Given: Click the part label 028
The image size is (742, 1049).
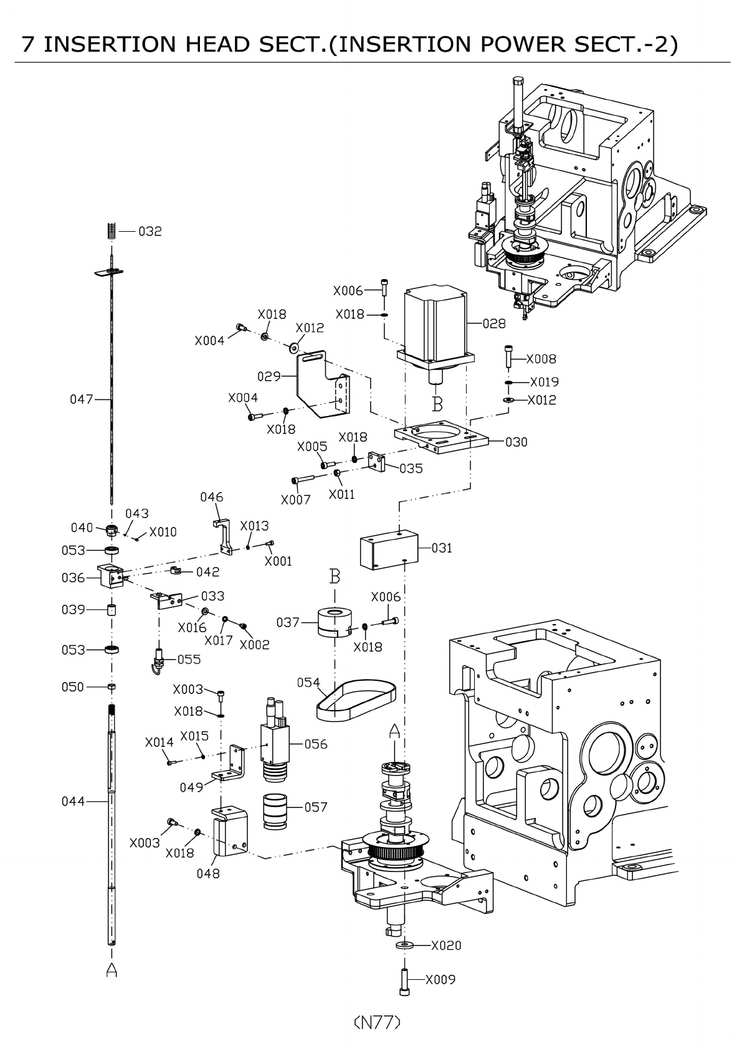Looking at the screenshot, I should tap(494, 323).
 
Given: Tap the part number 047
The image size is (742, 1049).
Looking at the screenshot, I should tap(81, 399).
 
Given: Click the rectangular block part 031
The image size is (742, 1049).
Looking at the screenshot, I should tap(387, 549).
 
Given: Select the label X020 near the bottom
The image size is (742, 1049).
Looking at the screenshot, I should tap(446, 946).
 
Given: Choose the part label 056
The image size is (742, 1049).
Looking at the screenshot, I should tap(315, 744).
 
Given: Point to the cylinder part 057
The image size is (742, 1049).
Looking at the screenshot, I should tap(275, 810).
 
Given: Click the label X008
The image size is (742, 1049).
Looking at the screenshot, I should tap(541, 359).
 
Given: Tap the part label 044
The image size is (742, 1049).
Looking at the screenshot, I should tap(73, 801).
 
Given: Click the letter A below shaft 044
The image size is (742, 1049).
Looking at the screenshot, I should tap(112, 970).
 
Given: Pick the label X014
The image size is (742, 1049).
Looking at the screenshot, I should tap(159, 743).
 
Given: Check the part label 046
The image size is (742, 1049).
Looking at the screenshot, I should tap(211, 497).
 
